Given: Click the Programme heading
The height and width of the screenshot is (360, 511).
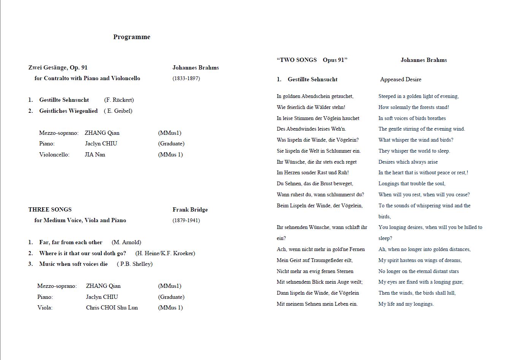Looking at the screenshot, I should pyautogui.click(x=131, y=37).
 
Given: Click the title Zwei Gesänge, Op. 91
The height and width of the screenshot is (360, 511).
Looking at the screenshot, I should pyautogui.click(x=58, y=68).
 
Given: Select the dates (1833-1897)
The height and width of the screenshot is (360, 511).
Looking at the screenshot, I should pyautogui.click(x=186, y=78).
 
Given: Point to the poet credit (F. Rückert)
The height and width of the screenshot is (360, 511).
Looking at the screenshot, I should pyautogui.click(x=119, y=100).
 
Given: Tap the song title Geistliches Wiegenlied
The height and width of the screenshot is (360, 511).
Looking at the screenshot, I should pyautogui.click(x=68, y=111).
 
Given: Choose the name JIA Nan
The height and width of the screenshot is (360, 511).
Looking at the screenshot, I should pyautogui.click(x=95, y=155).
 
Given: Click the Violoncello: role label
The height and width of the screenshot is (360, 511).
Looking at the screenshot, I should pyautogui.click(x=54, y=155).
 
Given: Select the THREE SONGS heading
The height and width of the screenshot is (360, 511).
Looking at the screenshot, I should pyautogui.click(x=50, y=210).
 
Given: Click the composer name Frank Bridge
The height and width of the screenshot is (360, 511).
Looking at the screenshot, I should pyautogui.click(x=190, y=210).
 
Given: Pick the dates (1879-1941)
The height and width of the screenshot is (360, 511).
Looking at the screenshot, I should pyautogui.click(x=186, y=220).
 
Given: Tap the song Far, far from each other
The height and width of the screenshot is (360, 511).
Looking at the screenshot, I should pyautogui.click(x=71, y=242).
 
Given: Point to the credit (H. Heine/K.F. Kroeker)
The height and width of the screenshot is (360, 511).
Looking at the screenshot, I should pyautogui.click(x=165, y=253).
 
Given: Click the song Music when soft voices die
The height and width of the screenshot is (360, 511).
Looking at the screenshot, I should pyautogui.click(x=73, y=264).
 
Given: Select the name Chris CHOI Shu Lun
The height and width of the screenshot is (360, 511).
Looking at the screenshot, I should pyautogui.click(x=112, y=308).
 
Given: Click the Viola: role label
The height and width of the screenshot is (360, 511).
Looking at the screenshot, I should pyautogui.click(x=45, y=308).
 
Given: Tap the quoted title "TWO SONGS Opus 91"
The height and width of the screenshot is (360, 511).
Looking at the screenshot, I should pyautogui.click(x=312, y=60).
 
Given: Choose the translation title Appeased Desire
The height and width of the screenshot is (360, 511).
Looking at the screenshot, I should pyautogui.click(x=400, y=79).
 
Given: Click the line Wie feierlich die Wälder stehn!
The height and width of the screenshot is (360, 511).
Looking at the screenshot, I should pyautogui.click(x=311, y=107).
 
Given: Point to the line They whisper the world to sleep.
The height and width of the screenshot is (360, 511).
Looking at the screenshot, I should pyautogui.click(x=414, y=151).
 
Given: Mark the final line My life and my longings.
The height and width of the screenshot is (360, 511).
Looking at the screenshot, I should pyautogui.click(x=406, y=304).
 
